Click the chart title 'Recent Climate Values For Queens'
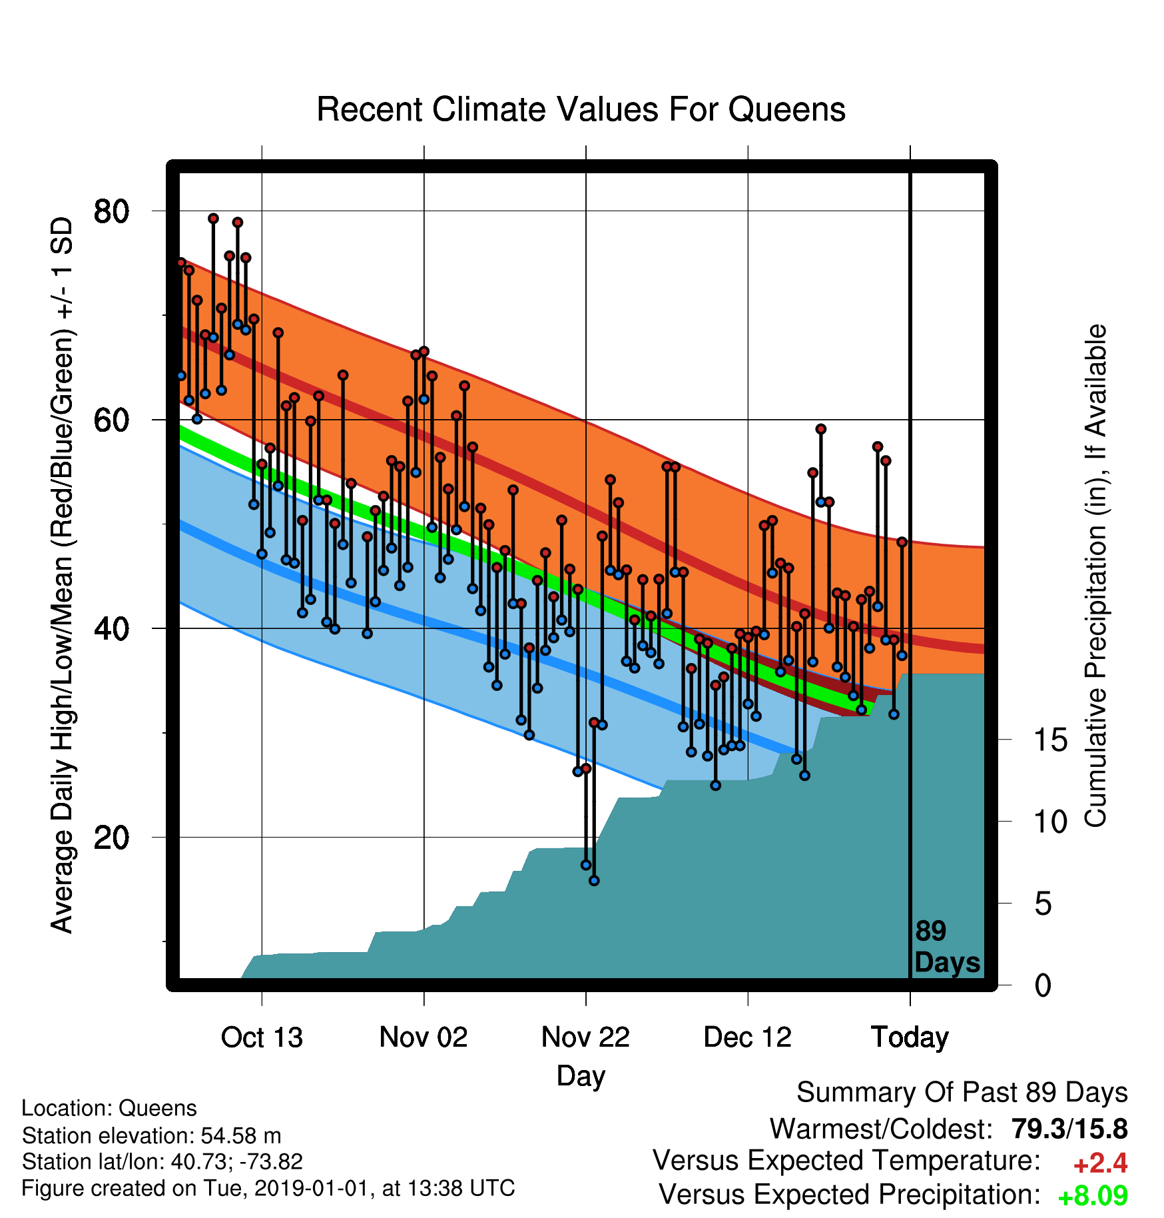coord(581,110)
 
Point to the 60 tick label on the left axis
coord(112,420)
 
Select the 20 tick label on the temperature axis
coord(112,837)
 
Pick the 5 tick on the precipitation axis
coord(1043,904)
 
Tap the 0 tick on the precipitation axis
coord(1043,985)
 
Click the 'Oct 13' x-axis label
coord(262,1037)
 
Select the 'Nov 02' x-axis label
coord(424,1037)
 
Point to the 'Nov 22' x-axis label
coord(585,1037)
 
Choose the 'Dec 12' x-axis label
coord(748,1037)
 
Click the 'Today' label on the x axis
coord(910,1038)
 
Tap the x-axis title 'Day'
coord(581,1076)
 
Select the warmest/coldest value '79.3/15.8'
coord(1069,1129)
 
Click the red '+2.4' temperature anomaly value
coord(1100,1163)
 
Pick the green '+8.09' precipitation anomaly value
coord(1093,1196)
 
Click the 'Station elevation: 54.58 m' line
coord(152,1135)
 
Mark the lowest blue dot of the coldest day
coord(594,881)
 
